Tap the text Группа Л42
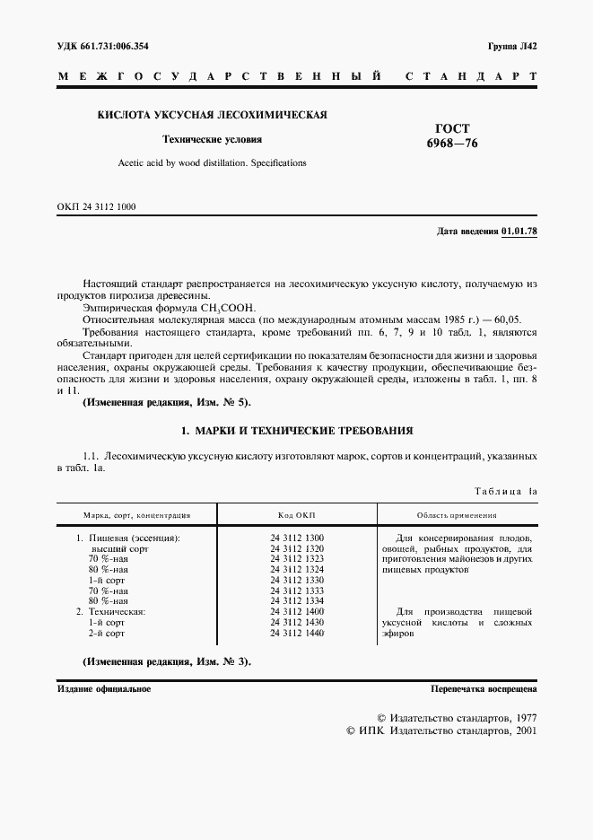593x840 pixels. (x=513, y=45)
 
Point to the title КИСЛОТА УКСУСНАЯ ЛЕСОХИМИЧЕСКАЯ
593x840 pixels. (x=212, y=115)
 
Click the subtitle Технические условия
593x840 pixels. (x=212, y=140)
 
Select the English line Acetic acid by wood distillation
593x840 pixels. (x=213, y=163)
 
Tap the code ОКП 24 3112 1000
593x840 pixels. (x=96, y=207)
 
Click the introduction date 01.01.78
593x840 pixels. (x=519, y=232)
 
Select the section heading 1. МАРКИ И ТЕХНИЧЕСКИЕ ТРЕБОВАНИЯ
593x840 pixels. (x=297, y=432)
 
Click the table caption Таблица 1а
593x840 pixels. (x=503, y=492)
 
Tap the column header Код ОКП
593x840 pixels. (x=297, y=515)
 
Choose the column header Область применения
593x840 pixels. (x=457, y=515)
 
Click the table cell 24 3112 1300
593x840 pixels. (x=297, y=538)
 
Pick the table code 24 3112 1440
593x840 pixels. (x=297, y=633)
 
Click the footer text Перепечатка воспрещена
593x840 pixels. (x=484, y=689)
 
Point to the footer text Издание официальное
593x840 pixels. (x=104, y=689)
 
